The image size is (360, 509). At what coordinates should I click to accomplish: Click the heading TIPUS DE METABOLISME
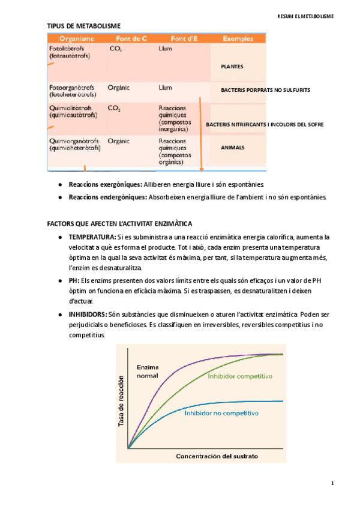coord(83,26)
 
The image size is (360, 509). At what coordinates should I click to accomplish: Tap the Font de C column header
coord(128,38)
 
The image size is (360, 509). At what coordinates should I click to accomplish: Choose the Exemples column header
coord(237,38)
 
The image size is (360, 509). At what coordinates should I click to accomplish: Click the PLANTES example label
coord(232,67)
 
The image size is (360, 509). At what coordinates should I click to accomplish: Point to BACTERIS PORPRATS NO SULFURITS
coord(265,89)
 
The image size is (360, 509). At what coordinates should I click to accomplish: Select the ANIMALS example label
coord(233,146)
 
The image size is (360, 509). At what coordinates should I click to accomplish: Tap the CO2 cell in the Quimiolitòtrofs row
coord(114,109)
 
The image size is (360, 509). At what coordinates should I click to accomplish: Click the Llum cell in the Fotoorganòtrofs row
coord(166,87)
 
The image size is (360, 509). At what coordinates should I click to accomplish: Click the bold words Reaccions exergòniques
coord(105,184)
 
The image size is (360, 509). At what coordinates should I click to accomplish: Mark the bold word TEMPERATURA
coord(92,238)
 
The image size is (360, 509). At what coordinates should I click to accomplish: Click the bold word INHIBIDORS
coord(88,314)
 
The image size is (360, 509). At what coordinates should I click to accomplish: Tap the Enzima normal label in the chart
coord(148,371)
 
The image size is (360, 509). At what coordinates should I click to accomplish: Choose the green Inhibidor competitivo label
coord(240,376)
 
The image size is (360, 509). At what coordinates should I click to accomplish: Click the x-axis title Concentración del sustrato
coord(217,456)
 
